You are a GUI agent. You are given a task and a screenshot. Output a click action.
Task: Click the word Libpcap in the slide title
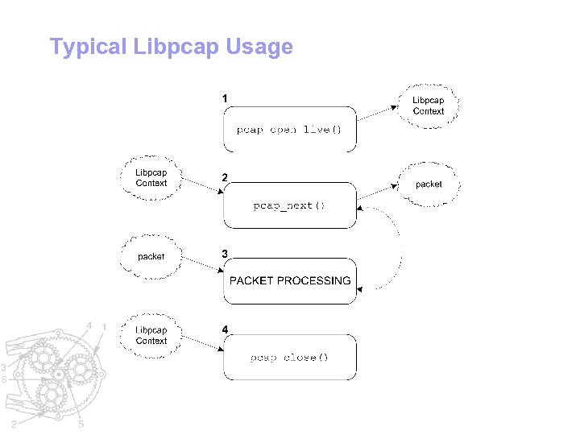coord(174,48)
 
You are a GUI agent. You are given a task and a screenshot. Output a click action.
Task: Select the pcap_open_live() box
coord(289,129)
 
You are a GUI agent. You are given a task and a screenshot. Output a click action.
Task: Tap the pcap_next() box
coord(289,205)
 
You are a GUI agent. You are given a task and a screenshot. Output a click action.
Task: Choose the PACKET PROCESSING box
coord(289,281)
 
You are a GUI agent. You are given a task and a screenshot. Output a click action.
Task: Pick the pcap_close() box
coord(289,357)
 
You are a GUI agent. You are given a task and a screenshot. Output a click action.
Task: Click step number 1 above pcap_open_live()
coord(225,98)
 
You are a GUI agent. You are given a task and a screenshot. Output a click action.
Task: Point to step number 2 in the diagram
coord(225,176)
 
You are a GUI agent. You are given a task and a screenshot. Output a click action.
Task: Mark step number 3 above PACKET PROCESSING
coord(225,253)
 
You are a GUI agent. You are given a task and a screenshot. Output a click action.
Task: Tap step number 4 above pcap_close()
coord(225,329)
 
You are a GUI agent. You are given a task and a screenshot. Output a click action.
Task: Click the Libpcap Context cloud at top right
coord(429,106)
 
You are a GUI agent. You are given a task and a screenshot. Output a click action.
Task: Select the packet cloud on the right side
coord(429,184)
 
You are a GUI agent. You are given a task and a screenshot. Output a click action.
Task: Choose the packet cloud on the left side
coord(151,256)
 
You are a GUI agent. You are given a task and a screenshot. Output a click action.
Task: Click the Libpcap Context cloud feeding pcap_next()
coord(151,177)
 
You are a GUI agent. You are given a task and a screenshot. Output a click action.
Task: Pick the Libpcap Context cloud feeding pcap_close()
coord(151,335)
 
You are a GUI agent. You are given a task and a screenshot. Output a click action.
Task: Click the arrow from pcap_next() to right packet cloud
coord(378,192)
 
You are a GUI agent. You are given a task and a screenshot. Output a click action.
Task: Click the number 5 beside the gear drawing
coord(83,425)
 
